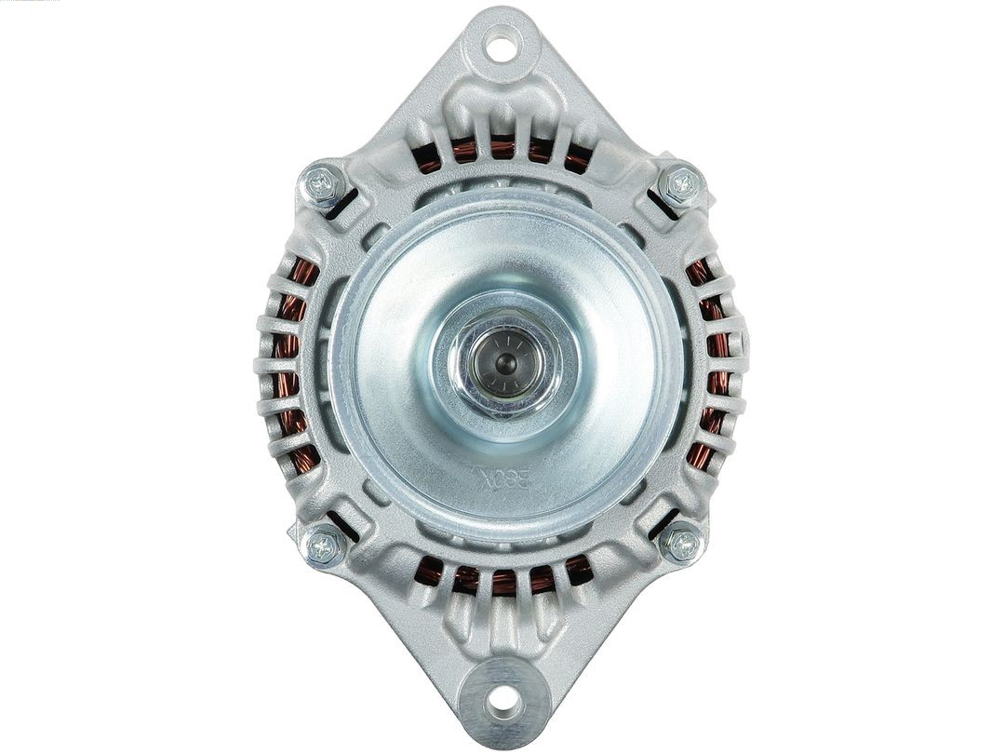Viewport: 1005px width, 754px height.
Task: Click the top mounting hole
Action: point(502,44)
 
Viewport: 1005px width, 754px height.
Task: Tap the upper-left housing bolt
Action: point(324,184)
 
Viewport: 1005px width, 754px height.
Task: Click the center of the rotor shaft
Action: point(503,359)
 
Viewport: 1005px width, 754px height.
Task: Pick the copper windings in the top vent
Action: point(502,149)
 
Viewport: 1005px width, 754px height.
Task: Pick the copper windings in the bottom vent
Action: point(502,579)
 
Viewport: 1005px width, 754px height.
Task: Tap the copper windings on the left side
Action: point(289,363)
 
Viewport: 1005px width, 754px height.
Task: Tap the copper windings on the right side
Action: point(715,363)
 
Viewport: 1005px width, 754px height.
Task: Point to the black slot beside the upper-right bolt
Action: point(662,205)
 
